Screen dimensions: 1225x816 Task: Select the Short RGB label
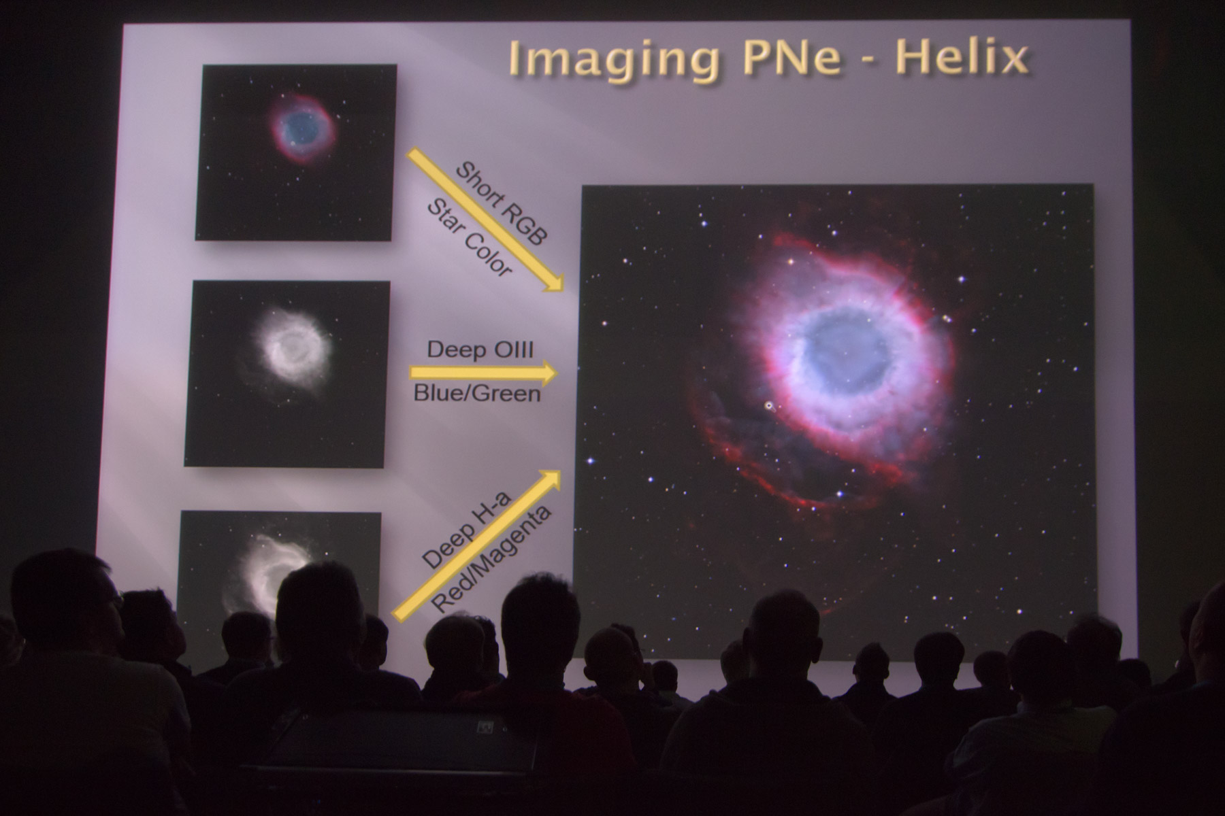click(x=501, y=203)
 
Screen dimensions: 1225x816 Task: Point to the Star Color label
click(x=469, y=237)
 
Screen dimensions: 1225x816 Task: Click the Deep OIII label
click(x=480, y=350)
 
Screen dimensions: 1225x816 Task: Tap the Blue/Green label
click(x=477, y=393)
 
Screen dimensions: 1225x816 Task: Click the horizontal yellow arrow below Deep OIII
click(x=483, y=372)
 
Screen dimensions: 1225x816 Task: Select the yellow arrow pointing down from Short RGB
click(x=486, y=220)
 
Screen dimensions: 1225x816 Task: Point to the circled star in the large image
click(x=769, y=406)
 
